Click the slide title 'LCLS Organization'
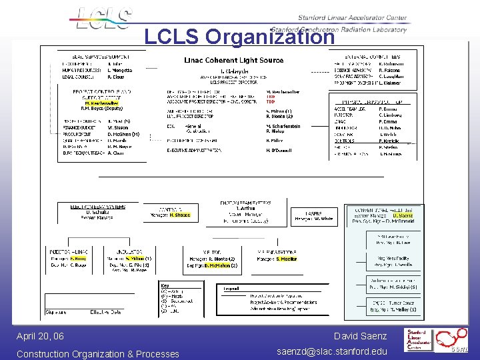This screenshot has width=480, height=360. [x=239, y=37]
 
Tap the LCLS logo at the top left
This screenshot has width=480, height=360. [x=103, y=19]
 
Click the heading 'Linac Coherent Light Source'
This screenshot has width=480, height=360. [x=233, y=61]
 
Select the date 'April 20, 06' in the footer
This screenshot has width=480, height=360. [x=40, y=337]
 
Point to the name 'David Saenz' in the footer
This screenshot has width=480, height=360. [x=360, y=337]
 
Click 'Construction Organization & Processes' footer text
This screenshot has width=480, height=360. [x=97, y=354]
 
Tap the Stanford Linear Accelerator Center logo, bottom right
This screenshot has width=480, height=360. [x=433, y=340]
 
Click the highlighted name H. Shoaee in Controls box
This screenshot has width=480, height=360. [x=179, y=215]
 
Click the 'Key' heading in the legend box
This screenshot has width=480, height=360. [x=165, y=286]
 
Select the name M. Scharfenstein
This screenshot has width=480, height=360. [x=283, y=126]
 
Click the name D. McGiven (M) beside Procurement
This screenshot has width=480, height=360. [x=123, y=134]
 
